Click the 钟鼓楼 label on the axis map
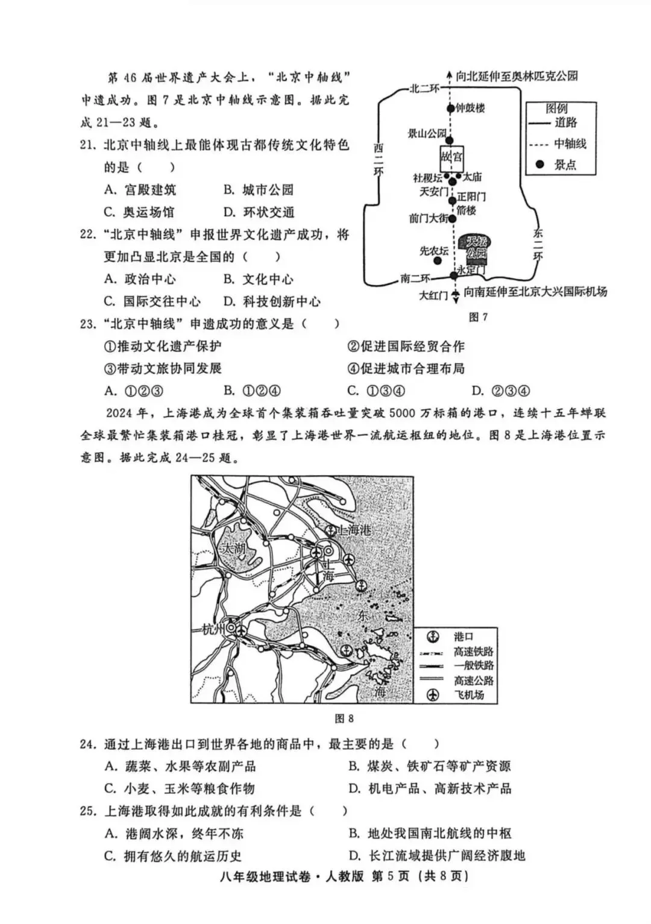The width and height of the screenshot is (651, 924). [470, 108]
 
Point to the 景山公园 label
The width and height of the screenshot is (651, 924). [427, 133]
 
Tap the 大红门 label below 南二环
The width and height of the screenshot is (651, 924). [433, 295]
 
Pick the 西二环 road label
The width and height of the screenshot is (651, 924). [378, 159]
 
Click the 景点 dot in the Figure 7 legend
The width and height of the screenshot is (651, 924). [540, 164]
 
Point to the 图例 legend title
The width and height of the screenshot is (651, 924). [556, 108]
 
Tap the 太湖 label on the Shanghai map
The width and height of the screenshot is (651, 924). [234, 548]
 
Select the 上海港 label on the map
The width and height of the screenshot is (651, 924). [354, 530]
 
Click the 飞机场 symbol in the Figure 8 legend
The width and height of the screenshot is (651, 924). [432, 695]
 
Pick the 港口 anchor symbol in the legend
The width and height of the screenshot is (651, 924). [432, 636]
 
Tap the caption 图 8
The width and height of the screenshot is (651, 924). [344, 718]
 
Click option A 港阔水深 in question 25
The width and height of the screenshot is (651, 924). [174, 834]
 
